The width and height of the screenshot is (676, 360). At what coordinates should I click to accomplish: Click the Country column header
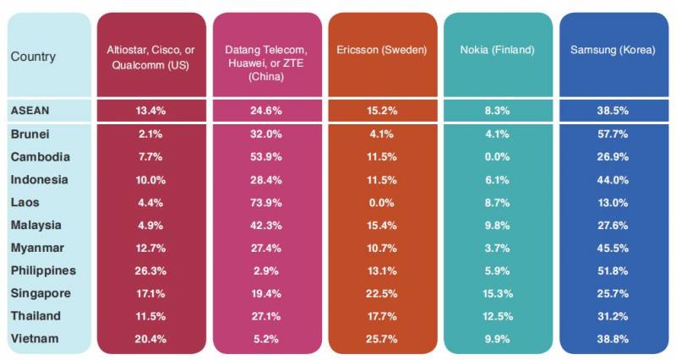33,57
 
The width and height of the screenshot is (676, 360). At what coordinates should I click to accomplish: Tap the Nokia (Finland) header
498,50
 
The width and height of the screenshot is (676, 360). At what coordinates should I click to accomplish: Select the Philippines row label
44,270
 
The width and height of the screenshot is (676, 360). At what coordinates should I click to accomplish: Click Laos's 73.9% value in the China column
266,203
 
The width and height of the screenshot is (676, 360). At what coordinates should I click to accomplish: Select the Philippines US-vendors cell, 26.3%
150,270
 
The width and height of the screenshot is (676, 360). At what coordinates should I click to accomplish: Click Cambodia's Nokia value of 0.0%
498,157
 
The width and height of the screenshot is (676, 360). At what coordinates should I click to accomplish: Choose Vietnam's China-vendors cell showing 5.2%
266,338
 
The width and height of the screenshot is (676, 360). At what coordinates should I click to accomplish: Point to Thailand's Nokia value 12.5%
498,316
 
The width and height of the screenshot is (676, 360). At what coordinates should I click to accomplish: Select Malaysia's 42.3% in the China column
266,226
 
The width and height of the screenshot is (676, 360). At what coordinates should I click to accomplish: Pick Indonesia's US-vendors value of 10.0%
150,180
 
